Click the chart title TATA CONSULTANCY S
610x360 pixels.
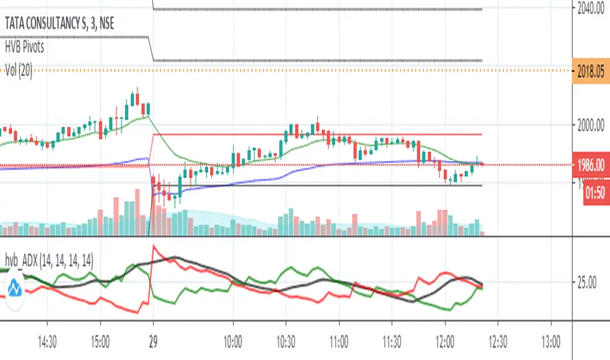pos(52,22)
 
